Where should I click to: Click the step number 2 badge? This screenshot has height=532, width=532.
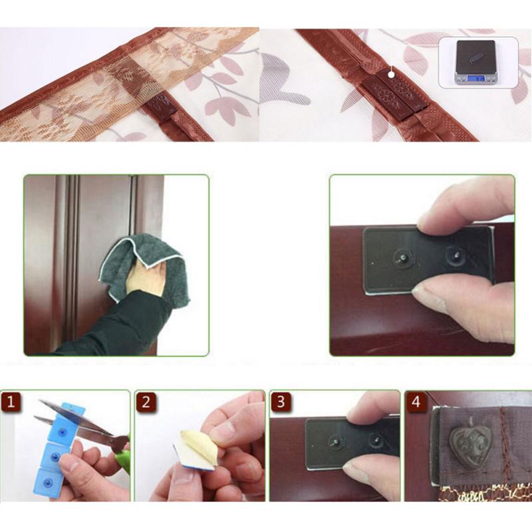coord(146,402)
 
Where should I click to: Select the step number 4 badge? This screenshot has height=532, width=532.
coord(416,402)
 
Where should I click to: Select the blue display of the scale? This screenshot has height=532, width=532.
coord(477,78)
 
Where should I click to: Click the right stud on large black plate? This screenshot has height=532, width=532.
coord(456,253)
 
